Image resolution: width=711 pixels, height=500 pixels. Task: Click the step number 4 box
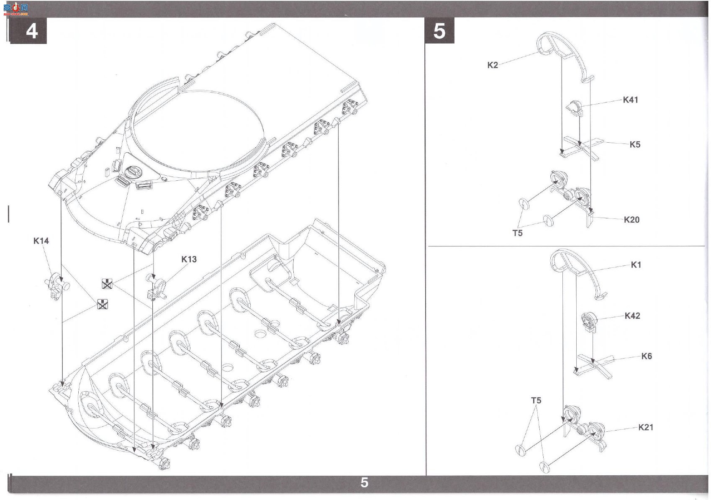point(28,31)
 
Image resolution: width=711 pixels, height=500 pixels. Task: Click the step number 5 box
point(439,31)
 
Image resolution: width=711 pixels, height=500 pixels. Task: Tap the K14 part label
point(41,241)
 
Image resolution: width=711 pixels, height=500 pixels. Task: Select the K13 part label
point(189,259)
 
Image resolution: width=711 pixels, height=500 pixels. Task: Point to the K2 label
point(493,65)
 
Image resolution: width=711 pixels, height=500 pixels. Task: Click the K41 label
point(630,100)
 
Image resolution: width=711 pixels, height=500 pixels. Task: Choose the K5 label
point(635,145)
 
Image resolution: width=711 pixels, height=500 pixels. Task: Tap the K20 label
point(631,220)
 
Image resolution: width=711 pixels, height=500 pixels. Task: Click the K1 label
point(636,264)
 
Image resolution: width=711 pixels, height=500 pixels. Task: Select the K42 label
point(632,316)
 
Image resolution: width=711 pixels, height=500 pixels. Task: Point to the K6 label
point(647,356)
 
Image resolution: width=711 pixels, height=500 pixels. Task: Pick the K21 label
point(646,427)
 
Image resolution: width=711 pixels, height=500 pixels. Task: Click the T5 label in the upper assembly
point(517,233)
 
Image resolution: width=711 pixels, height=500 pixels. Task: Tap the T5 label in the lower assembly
point(536,400)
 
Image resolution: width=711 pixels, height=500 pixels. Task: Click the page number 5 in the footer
point(364,482)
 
